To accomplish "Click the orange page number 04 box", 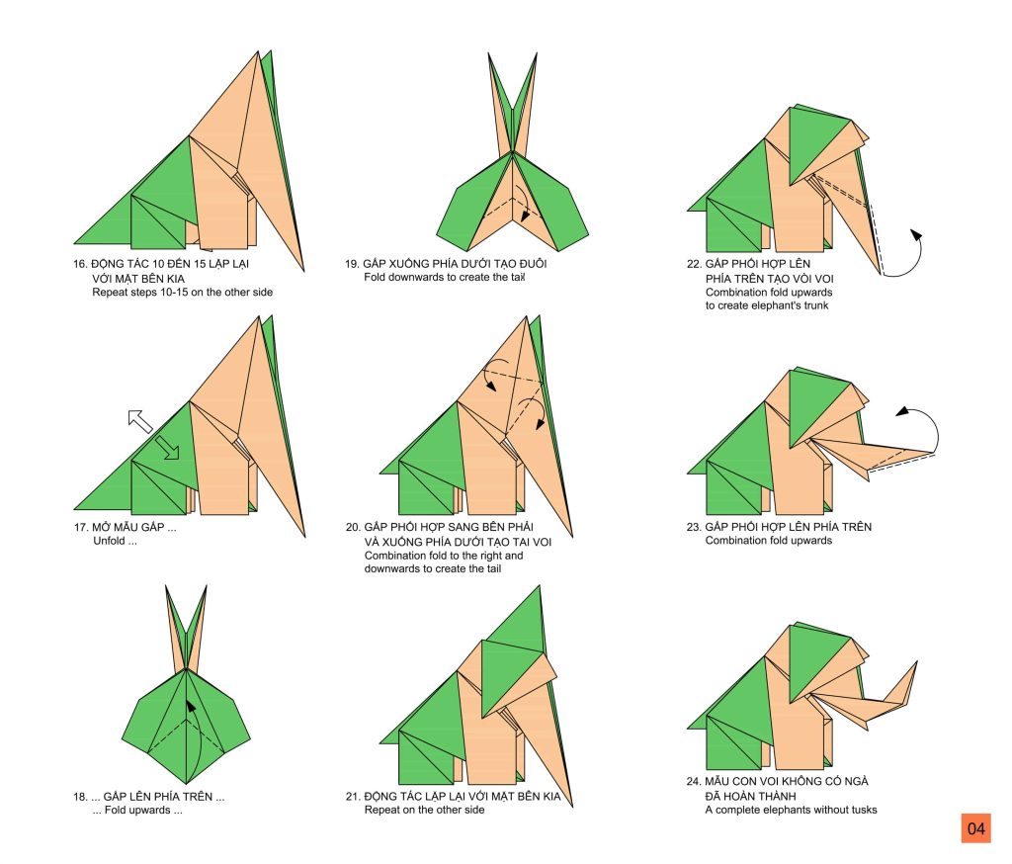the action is tap(975, 827).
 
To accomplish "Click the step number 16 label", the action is tap(79, 264).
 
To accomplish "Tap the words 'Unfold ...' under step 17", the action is tap(115, 541).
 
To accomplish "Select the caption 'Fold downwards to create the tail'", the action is tap(444, 277).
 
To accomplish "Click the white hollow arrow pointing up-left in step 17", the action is tap(139, 420).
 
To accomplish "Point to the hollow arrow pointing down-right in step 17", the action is tap(167, 448).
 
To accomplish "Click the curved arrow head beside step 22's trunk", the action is tap(916, 235).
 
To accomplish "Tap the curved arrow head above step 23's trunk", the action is tap(902, 411).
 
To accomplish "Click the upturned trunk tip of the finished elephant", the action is tap(916, 662).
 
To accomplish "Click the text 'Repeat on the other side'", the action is tap(424, 810).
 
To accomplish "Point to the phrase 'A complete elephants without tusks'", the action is tap(791, 810).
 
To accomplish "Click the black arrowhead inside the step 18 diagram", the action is tap(191, 706).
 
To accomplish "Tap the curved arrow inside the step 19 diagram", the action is tap(522, 204).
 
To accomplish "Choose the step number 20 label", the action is tap(353, 527).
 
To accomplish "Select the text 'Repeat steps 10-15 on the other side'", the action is tap(182, 293).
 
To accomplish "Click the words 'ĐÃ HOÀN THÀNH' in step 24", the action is tap(750, 796).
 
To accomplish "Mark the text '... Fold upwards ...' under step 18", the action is tap(136, 810).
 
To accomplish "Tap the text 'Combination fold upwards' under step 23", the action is tap(768, 541).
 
